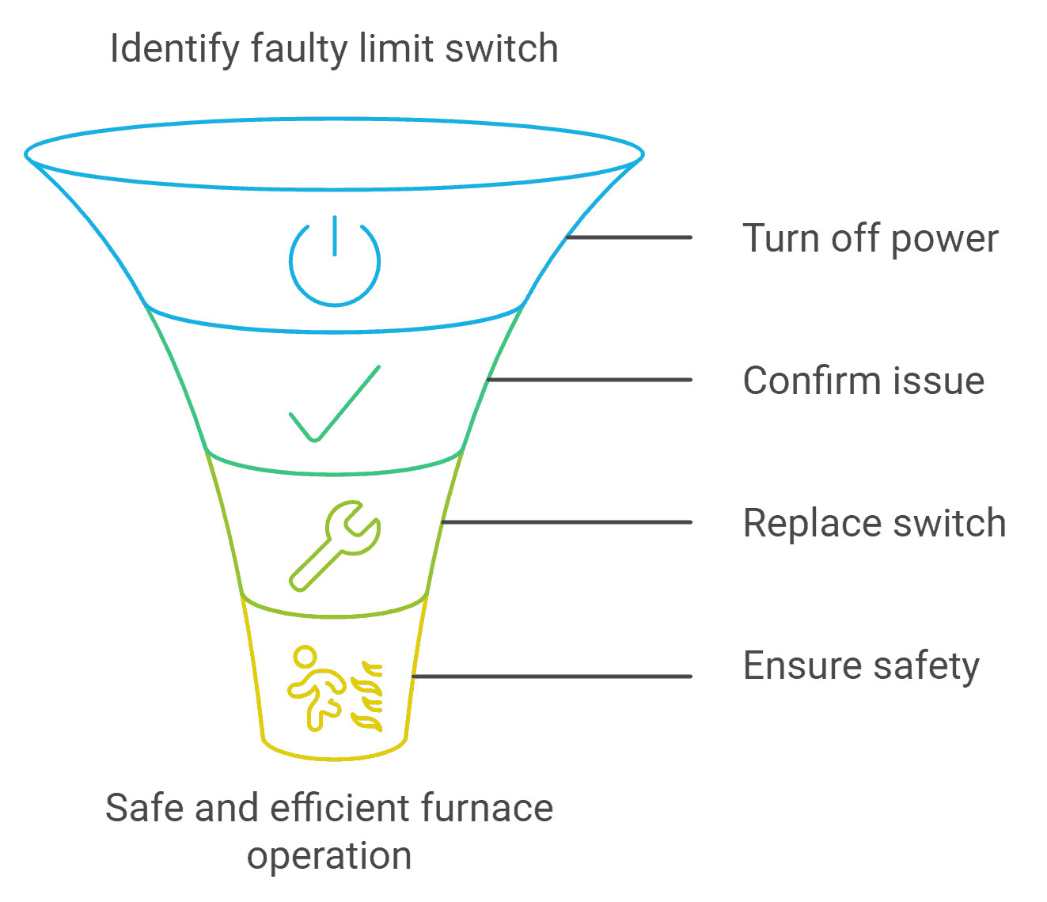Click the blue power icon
tap(335, 260)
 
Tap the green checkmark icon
tap(334, 404)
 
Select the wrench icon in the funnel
tap(334, 545)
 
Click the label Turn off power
tap(870, 238)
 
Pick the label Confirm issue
tap(863, 381)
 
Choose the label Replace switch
tap(874, 523)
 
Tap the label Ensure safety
tap(861, 666)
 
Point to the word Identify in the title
tap(174, 49)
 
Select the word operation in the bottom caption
tap(329, 856)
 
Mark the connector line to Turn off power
tap(629, 237)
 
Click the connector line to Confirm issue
tap(590, 380)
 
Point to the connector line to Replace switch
tap(567, 522)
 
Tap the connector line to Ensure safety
tap(552, 676)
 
